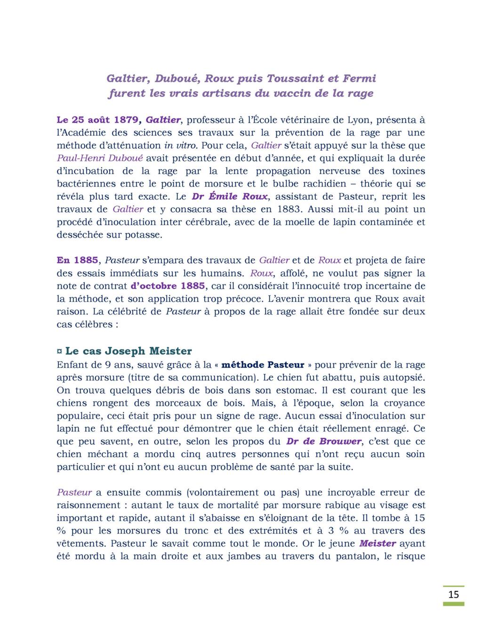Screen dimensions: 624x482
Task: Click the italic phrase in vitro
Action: tap(181, 145)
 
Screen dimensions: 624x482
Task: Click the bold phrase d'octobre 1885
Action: tap(168, 285)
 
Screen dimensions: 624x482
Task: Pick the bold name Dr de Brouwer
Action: tap(324, 441)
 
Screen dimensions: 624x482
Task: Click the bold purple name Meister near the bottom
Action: tap(378, 543)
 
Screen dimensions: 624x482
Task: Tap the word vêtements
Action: tap(81, 543)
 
